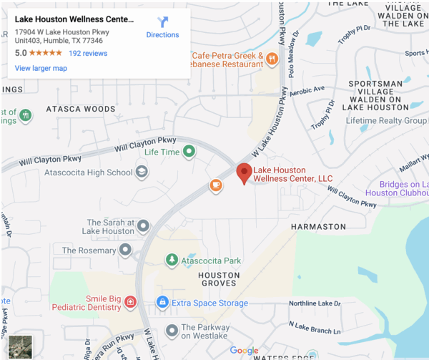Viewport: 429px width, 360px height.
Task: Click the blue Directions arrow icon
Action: [162, 22]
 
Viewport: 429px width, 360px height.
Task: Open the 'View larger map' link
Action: [41, 68]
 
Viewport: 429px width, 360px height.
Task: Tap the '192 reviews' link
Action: [88, 53]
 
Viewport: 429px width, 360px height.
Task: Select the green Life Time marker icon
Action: [189, 152]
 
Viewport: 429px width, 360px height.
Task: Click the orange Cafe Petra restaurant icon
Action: [272, 59]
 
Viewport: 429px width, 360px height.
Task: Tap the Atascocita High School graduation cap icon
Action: [142, 172]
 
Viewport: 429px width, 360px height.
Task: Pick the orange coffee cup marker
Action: [215, 185]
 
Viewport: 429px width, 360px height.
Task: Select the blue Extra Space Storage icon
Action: [162, 303]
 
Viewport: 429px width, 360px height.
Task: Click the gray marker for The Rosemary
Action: [126, 250]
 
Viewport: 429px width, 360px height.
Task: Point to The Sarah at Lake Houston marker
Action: [143, 227]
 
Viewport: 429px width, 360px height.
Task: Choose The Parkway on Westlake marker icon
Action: [172, 331]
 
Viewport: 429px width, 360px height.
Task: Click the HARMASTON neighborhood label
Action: [318, 227]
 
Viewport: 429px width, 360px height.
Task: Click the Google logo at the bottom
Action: [244, 351]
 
